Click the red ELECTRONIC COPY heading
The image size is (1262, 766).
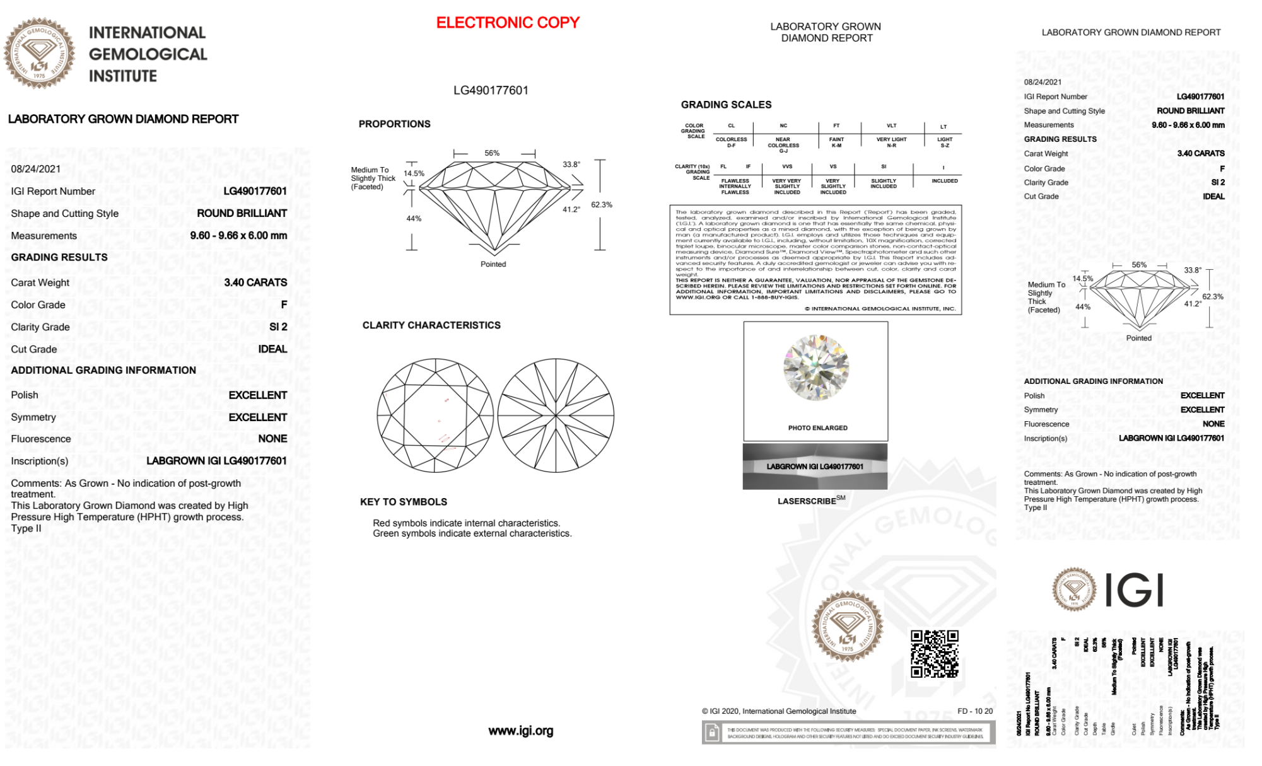click(507, 23)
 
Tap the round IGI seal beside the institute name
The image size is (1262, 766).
click(39, 54)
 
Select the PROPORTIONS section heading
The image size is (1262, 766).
click(394, 124)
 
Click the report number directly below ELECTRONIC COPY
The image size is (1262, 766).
click(491, 90)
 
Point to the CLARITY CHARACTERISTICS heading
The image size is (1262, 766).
click(431, 325)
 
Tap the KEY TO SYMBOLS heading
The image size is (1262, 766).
click(403, 502)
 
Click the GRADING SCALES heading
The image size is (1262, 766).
click(726, 105)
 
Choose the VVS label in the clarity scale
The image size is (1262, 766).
click(787, 167)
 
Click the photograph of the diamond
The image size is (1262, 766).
click(815, 368)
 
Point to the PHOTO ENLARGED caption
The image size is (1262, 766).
click(817, 428)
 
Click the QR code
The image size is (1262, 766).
click(934, 654)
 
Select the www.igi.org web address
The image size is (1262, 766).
click(520, 731)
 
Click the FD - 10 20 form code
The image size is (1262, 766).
click(974, 711)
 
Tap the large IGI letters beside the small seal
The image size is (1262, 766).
click(1134, 591)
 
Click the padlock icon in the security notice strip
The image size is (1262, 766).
click(712, 733)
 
